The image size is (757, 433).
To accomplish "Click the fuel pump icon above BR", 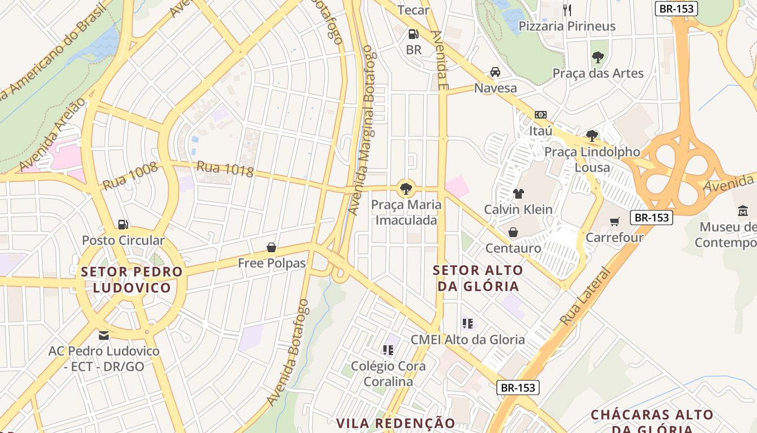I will coord(413,34).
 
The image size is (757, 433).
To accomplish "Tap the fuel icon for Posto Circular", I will coord(123,224).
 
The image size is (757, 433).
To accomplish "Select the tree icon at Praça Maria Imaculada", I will coord(405,189).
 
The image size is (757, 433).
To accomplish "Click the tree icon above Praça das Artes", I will coord(597,57).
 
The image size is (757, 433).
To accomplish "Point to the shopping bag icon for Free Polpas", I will coord(271,248).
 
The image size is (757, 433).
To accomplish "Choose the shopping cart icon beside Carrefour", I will coord(615,221).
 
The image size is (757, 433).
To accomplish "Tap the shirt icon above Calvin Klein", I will coord(518,194).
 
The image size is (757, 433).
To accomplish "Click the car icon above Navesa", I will coord(495,72).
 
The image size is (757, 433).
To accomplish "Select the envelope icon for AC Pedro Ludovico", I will coord(104,336).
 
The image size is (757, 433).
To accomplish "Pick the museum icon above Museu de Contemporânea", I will coord(742,211).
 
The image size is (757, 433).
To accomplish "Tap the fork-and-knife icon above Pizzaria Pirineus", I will coord(567,10).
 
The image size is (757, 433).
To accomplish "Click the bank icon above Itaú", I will coord(540,115).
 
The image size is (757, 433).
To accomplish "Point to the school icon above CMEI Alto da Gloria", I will coord(468,324).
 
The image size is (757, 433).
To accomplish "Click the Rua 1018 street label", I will coord(225,169).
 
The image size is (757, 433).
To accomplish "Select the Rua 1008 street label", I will coord(130,176).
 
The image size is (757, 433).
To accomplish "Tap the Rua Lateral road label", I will coord(585,297).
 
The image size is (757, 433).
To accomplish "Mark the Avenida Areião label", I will coord(52,134).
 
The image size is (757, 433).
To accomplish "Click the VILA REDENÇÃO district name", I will coord(396,423).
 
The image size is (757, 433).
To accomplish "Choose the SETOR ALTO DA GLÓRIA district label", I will coord(479,278).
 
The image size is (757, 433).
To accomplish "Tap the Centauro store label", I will coord(513,248).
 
